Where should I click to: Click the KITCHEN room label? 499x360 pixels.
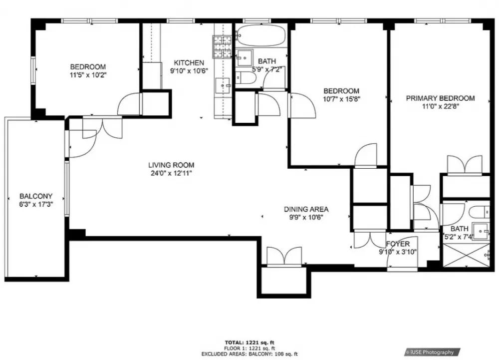[189, 63]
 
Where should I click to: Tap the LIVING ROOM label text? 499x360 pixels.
[171, 165]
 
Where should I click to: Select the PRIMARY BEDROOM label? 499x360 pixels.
[440, 98]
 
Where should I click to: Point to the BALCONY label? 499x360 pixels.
[36, 196]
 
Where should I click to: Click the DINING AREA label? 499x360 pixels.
[306, 209]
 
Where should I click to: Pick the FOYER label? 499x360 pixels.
[398, 244]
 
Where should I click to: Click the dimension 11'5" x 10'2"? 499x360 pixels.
[88, 75]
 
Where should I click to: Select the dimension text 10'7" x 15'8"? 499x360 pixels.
[341, 99]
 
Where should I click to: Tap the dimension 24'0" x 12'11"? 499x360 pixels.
[171, 173]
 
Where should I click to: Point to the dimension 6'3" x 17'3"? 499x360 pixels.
[36, 204]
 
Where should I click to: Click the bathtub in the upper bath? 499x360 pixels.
[261, 35]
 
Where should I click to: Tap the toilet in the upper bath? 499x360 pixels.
[246, 78]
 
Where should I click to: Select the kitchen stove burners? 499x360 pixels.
[222, 47]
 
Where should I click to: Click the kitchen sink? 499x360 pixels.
[223, 85]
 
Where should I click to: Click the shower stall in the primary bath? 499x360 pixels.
[466, 255]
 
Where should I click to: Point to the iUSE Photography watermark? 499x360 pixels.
[432, 352]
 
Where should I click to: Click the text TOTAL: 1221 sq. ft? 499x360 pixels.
[249, 343]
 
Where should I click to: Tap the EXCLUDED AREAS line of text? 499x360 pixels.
[249, 354]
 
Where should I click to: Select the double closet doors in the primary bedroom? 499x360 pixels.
[465, 165]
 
